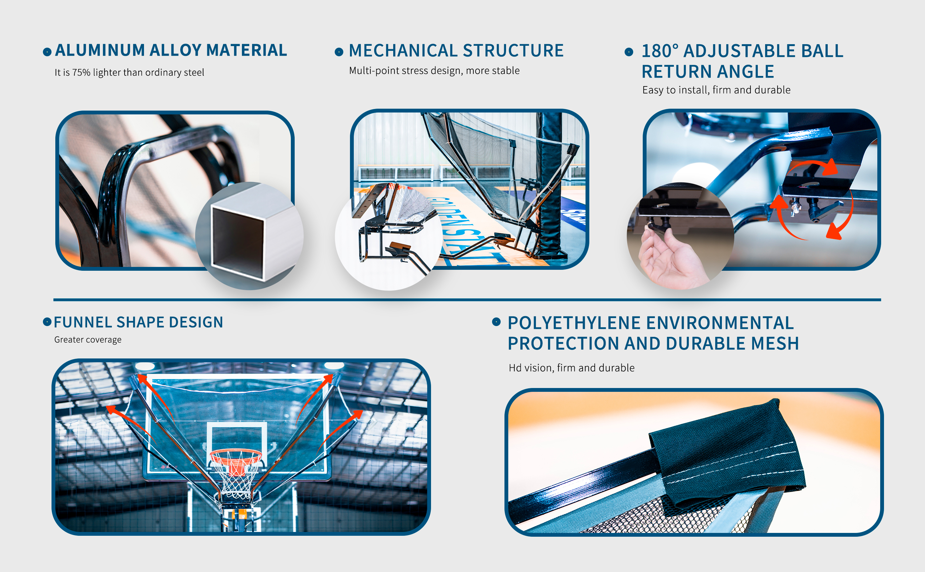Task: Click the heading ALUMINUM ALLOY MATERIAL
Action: click(171, 50)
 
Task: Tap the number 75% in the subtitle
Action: click(81, 72)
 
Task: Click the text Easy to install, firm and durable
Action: click(716, 90)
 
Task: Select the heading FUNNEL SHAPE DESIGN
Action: click(139, 322)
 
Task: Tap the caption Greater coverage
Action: click(88, 340)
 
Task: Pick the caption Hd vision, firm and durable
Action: click(571, 368)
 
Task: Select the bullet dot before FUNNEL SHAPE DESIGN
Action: click(47, 322)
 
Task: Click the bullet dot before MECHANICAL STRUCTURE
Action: click(339, 52)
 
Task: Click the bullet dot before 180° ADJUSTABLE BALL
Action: click(629, 52)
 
